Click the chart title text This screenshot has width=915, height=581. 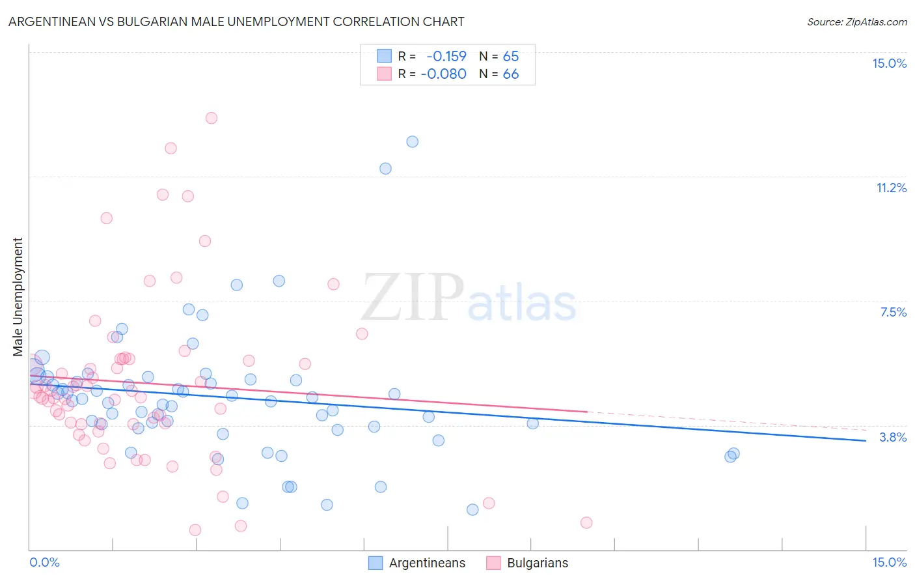point(236,21)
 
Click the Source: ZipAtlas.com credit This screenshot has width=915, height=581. point(856,21)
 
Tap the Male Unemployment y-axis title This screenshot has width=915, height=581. point(18,297)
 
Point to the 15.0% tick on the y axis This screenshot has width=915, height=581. point(889,63)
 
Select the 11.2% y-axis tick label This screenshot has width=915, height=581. point(891,188)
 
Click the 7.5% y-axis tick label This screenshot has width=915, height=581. point(893,312)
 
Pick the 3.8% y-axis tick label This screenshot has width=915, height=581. point(893,437)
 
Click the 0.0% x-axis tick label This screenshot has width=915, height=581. point(44,562)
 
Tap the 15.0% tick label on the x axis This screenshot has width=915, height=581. point(889,562)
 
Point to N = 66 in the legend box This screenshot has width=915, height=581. point(499,74)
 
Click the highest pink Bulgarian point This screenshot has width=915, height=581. point(211,118)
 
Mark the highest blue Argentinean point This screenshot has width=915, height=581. point(412,141)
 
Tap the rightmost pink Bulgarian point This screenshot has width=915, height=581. point(586,522)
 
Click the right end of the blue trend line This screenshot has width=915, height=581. point(866,441)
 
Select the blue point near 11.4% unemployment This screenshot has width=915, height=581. point(385,168)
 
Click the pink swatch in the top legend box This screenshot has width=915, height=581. point(384,74)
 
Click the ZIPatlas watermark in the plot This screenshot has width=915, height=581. point(469,298)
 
